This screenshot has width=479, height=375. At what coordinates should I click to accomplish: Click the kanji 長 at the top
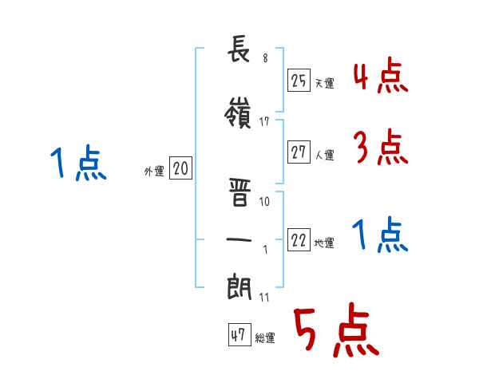(239, 49)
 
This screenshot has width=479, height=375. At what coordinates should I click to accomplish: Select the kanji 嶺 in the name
(238, 112)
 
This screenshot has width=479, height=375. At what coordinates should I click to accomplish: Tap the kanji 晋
(239, 192)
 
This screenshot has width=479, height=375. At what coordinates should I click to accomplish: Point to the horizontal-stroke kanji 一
(239, 239)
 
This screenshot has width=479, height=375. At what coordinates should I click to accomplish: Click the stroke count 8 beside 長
(265, 58)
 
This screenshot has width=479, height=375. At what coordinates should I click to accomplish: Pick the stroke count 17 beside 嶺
(264, 122)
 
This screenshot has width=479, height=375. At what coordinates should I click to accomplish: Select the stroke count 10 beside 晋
(264, 201)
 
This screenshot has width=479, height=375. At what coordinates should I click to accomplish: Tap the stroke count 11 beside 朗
(264, 297)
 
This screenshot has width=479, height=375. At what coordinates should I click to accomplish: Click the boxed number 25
(299, 81)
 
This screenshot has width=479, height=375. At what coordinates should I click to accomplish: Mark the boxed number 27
(299, 152)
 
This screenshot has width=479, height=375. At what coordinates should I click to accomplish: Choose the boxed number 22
(299, 239)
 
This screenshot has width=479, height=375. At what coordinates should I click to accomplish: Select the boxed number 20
(180, 168)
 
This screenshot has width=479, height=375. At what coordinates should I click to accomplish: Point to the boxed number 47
(239, 334)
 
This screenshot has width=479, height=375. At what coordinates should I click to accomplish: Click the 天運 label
(325, 83)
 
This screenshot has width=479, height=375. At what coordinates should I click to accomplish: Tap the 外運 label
(154, 172)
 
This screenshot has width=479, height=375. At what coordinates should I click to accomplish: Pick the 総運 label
(265, 338)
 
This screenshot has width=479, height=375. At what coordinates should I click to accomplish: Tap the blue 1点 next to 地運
(380, 235)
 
